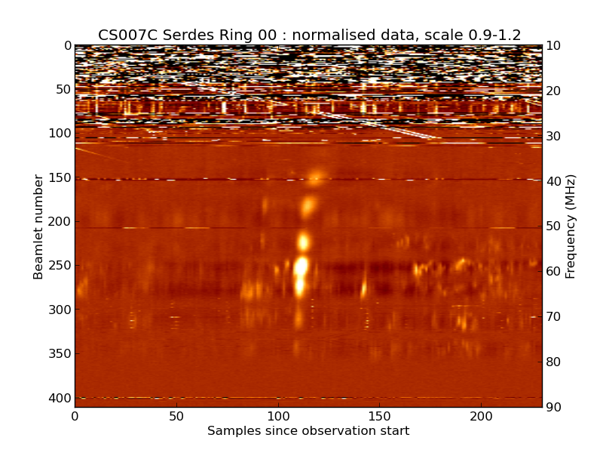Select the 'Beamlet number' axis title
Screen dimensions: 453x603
(x=38, y=226)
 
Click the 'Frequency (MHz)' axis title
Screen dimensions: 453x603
(x=571, y=226)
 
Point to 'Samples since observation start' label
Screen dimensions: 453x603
(x=308, y=431)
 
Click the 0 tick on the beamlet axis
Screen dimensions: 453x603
(x=67, y=46)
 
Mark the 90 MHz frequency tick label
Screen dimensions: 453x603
(x=554, y=408)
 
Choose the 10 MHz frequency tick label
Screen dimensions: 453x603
(x=554, y=46)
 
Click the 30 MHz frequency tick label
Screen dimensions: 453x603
(x=554, y=137)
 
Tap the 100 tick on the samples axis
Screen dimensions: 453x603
(x=278, y=416)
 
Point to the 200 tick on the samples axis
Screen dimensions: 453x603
(x=481, y=416)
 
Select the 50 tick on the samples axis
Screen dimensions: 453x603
(x=176, y=416)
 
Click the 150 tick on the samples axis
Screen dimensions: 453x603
(x=379, y=416)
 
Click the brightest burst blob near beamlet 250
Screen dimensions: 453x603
(x=301, y=267)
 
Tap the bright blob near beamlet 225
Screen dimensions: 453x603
(x=304, y=242)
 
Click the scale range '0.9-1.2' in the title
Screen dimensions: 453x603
(x=493, y=35)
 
